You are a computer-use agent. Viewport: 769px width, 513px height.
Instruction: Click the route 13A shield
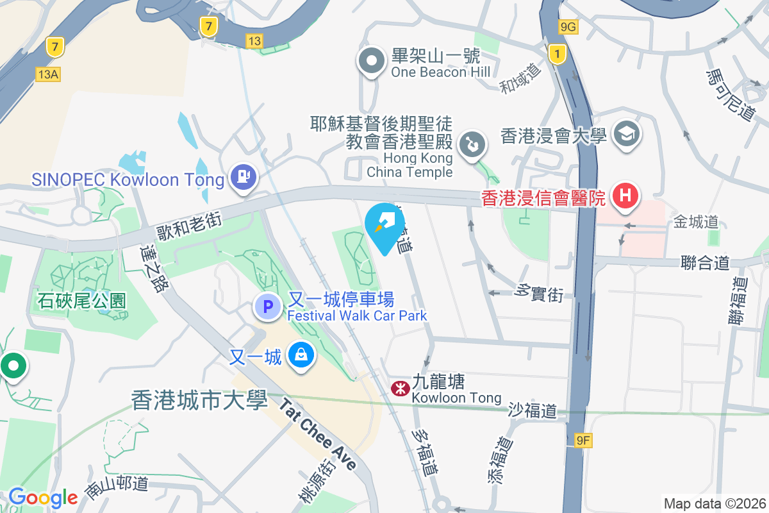pyautogui.click(x=48, y=74)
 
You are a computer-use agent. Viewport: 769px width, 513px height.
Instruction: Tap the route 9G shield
pyautogui.click(x=568, y=26)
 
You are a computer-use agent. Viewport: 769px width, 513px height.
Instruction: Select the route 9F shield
pyautogui.click(x=583, y=440)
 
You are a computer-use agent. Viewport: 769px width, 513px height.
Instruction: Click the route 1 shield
pyautogui.click(x=558, y=55)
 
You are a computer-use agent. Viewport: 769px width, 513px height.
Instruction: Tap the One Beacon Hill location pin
pyautogui.click(x=371, y=62)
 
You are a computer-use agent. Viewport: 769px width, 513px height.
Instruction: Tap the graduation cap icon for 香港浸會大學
pyautogui.click(x=623, y=134)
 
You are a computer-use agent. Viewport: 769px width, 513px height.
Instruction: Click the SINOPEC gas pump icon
pyautogui.click(x=243, y=176)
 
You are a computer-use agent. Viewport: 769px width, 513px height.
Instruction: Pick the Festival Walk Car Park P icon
pyautogui.click(x=269, y=306)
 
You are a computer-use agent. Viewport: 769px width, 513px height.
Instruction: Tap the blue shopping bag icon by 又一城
pyautogui.click(x=299, y=355)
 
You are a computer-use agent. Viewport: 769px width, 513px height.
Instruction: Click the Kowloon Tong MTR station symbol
pyautogui.click(x=400, y=388)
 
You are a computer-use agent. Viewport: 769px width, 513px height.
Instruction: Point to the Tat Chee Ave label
pyautogui.click(x=318, y=433)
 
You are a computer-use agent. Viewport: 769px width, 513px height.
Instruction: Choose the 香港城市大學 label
pyautogui.click(x=199, y=400)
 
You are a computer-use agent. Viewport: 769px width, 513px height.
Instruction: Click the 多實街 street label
pyautogui.click(x=539, y=293)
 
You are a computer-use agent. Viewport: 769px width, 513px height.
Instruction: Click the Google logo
pyautogui.click(x=43, y=498)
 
